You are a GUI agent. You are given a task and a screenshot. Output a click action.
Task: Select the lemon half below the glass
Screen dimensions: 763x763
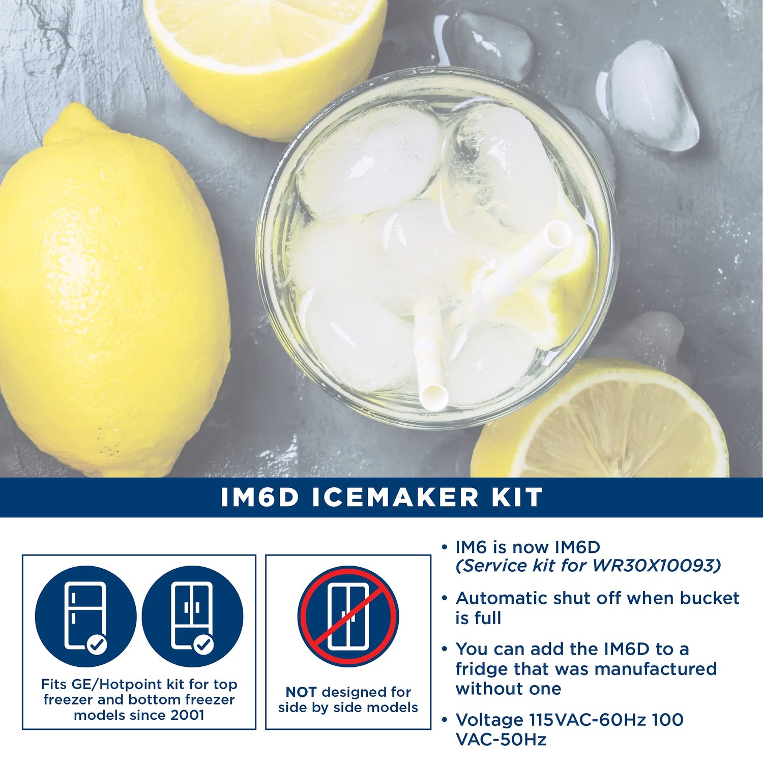(x=600, y=422)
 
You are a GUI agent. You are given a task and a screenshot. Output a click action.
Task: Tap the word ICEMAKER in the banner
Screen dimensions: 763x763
(x=395, y=497)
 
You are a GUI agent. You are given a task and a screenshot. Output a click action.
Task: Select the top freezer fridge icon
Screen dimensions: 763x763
(x=85, y=616)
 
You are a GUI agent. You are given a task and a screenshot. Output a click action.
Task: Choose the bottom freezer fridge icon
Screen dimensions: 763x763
(x=192, y=616)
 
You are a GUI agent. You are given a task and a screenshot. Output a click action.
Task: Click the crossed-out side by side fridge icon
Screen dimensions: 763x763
(x=348, y=616)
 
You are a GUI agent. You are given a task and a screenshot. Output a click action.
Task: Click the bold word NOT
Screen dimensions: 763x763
(x=301, y=692)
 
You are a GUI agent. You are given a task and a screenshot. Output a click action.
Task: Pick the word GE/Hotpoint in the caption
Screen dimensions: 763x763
(x=116, y=685)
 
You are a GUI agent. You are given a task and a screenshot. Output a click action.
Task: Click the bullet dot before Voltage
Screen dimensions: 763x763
(x=445, y=720)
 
